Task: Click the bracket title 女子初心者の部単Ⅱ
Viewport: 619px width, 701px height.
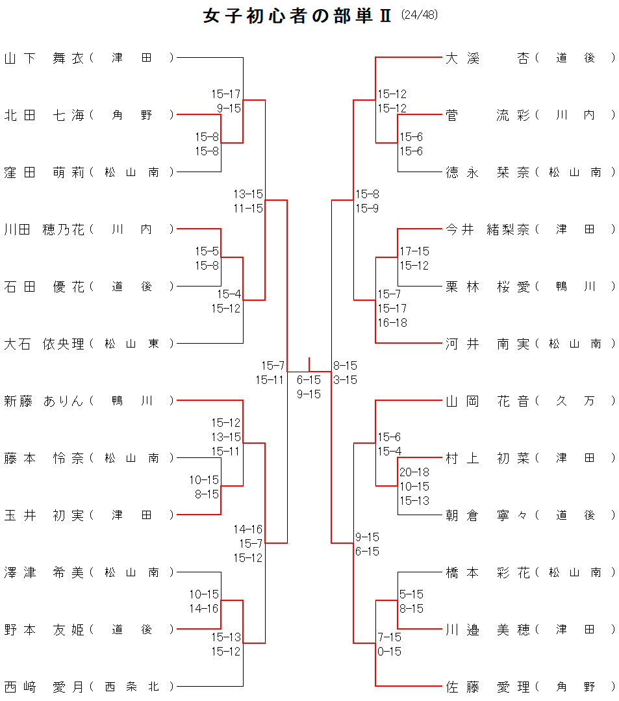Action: pos(297,16)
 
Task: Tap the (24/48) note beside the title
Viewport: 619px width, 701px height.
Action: pos(420,15)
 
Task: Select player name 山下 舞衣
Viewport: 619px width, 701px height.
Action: pos(44,58)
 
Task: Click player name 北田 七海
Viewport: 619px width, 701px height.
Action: pos(44,115)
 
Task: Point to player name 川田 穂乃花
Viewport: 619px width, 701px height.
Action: pos(44,229)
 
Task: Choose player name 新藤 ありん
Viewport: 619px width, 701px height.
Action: pos(44,401)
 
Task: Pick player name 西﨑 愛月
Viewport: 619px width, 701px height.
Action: pos(44,687)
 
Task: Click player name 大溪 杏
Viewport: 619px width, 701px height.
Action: pos(487,58)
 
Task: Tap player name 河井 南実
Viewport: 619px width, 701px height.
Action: pos(487,344)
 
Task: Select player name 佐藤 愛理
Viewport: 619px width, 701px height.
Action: pos(487,687)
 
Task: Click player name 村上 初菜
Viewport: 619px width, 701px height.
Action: pos(487,458)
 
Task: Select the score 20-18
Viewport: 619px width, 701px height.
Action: pos(414,472)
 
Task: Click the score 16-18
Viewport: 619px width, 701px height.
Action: pos(392,323)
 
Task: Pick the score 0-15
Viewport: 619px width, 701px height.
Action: pos(390,652)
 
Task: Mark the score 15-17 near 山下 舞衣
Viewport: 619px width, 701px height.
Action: pos(226,94)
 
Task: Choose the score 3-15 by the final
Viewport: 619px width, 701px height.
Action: pos(345,380)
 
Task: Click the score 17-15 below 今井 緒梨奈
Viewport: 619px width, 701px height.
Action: pos(414,251)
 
